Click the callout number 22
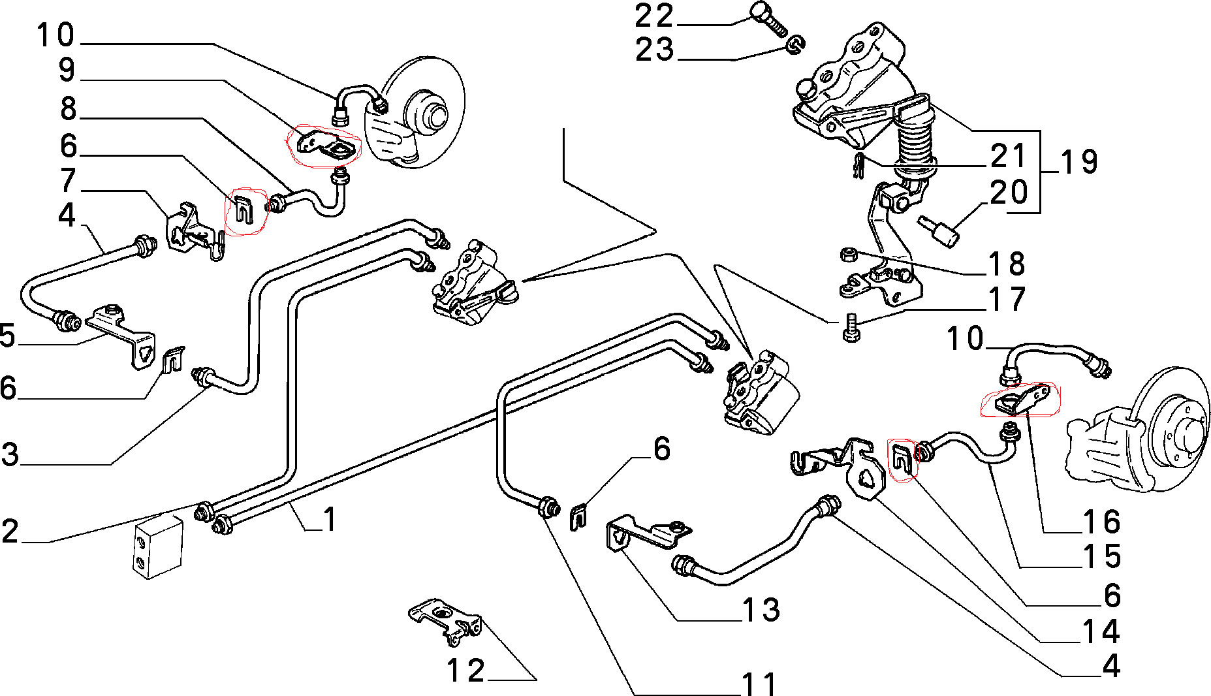[654, 16]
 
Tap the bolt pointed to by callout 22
[767, 18]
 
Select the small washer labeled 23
[794, 44]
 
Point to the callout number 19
[1079, 162]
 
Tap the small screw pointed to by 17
[849, 327]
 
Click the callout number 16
[1101, 522]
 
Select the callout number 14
[1101, 631]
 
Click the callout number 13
[761, 610]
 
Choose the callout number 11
[759, 683]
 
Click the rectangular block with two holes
[159, 546]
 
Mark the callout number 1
[330, 520]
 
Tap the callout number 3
[10, 454]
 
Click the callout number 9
[67, 71]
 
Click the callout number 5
[7, 336]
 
